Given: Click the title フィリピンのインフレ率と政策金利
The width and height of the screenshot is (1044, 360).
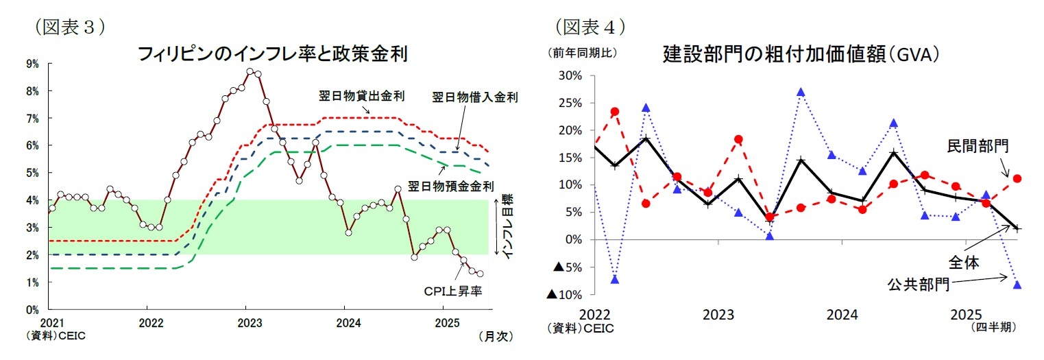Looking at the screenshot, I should tap(273, 53).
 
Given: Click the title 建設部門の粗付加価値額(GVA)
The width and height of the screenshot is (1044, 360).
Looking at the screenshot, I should tap(801, 53).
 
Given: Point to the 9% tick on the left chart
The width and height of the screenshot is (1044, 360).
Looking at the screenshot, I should tap(32, 63).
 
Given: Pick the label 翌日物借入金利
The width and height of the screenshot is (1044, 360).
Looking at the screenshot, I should tap(474, 97).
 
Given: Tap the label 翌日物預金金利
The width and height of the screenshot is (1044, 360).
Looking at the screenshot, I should tap(451, 186).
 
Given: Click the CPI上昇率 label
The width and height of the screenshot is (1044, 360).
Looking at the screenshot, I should tap(452, 291).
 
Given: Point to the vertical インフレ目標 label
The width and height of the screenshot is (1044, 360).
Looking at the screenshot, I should tap(508, 227).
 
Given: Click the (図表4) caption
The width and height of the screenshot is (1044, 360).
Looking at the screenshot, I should tap(590, 26).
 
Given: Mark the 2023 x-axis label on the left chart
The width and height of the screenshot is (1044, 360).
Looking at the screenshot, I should tap(247, 323).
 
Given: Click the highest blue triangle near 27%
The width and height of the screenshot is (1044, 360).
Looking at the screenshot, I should tap(801, 93).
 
